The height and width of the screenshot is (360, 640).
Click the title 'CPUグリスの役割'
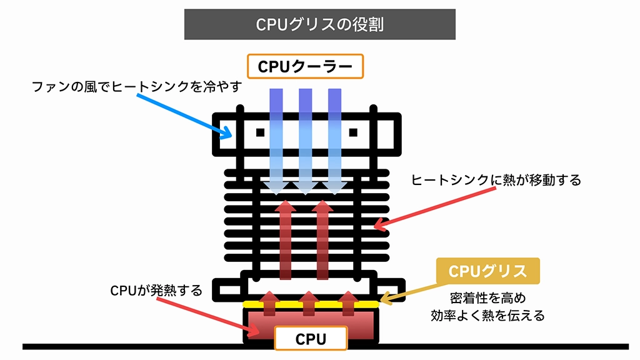319,24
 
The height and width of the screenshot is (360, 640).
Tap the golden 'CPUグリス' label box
487,271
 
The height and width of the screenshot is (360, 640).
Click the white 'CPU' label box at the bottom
311,339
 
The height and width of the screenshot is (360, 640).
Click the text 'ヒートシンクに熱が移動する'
496,181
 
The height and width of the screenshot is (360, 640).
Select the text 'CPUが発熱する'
156,291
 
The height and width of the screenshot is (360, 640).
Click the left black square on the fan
260,132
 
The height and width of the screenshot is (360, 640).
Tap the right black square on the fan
352,132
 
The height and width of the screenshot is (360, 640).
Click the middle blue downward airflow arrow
305,141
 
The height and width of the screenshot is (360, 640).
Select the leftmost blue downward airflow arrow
276,141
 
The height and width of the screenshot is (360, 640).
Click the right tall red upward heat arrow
322,241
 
